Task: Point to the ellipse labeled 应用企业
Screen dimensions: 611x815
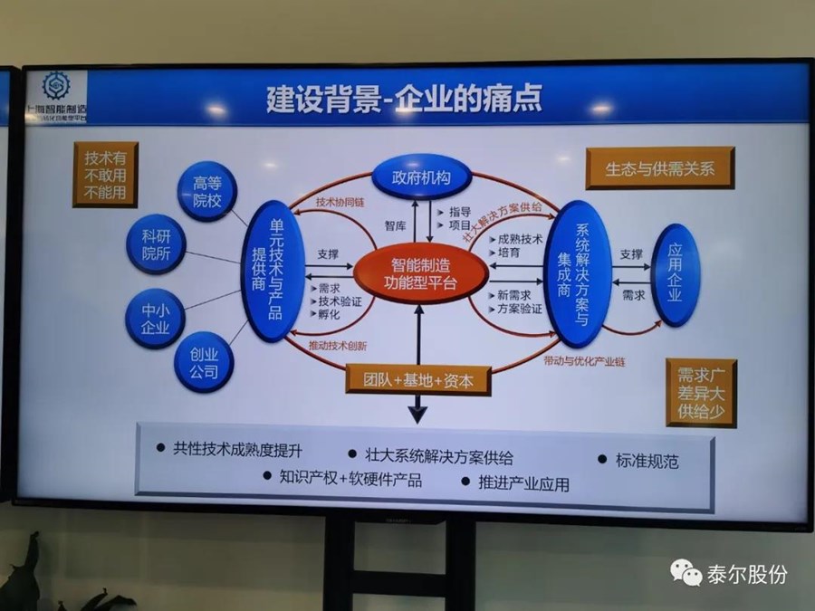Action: point(676,274)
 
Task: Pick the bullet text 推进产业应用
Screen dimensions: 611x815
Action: point(523,483)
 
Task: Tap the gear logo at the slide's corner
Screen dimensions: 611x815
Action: point(55,87)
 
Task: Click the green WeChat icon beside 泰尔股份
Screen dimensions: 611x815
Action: point(686,574)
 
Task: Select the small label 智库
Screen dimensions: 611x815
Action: point(396,225)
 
